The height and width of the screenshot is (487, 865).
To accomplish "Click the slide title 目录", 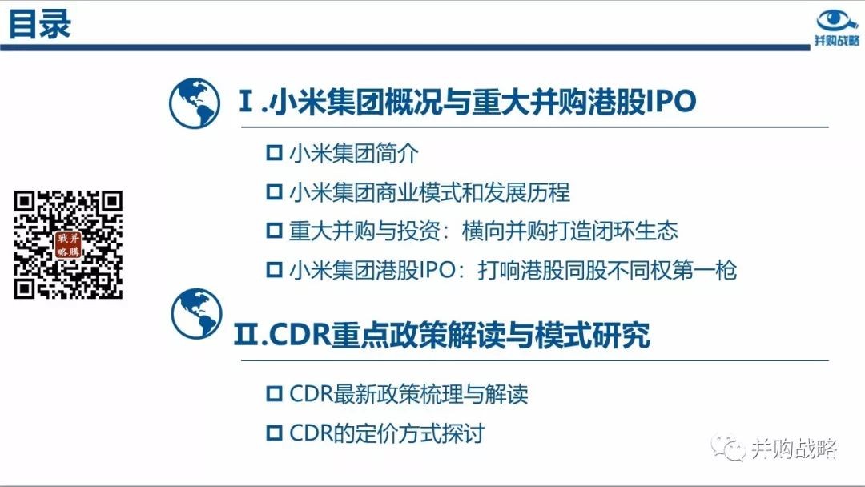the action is tap(40, 24).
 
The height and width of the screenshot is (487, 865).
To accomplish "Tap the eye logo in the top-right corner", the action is tap(836, 22).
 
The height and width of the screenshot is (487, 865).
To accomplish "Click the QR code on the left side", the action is tap(68, 245).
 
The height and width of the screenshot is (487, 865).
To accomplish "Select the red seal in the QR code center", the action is tap(68, 245).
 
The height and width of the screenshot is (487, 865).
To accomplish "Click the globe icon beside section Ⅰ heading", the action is tap(194, 103).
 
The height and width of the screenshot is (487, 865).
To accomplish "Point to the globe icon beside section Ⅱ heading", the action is tap(196, 313).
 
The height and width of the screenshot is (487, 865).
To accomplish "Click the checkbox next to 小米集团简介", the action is tap(274, 153).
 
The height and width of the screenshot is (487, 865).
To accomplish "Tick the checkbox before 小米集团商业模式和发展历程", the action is tap(274, 192).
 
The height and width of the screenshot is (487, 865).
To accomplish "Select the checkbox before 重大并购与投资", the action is tap(274, 231).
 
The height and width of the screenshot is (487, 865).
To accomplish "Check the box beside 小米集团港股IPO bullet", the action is tap(274, 270).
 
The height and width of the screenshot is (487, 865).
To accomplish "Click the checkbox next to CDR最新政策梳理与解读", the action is tap(274, 394).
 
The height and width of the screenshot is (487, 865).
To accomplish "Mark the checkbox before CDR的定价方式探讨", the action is tap(274, 433).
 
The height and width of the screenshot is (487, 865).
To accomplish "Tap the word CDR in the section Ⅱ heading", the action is tap(299, 335).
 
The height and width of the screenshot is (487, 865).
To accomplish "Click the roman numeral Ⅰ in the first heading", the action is tap(246, 101).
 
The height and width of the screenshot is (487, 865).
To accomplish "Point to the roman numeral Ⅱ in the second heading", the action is tap(246, 335).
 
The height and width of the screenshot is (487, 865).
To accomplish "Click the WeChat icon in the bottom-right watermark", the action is tap(728, 447).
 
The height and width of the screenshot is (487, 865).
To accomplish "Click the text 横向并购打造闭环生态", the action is tap(570, 231).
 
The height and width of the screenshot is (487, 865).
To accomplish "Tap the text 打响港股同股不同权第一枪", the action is tap(607, 270).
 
